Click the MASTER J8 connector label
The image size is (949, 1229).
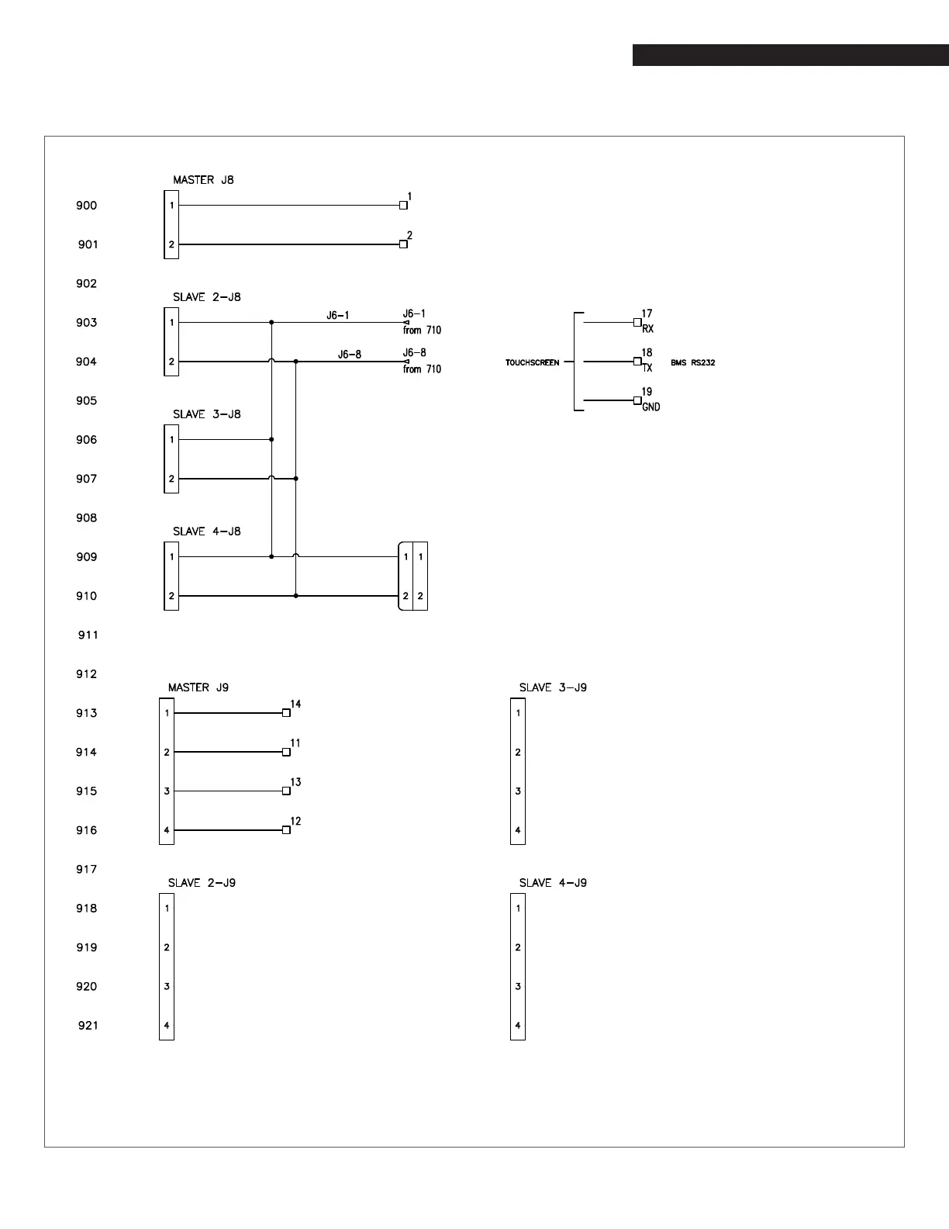coord(203,180)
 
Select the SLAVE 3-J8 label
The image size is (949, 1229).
coord(206,414)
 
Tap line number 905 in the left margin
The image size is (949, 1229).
coord(87,401)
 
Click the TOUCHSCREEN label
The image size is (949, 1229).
coord(532,362)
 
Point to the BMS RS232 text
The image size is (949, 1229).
coord(692,362)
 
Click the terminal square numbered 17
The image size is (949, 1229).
coord(637,322)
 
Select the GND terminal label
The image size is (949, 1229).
coord(651,407)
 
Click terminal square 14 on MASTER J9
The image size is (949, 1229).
coord(286,712)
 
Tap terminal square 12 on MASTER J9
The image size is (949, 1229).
coord(286,830)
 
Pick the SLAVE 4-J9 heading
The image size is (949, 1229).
coord(553,883)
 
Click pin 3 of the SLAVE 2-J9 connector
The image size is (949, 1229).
coord(167,987)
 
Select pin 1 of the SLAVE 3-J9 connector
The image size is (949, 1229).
coord(518,713)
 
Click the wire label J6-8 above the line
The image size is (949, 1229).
coord(349,355)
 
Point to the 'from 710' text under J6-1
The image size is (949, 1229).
coord(422,331)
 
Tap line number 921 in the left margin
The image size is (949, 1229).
coord(88,1026)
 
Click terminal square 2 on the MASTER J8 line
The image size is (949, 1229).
coord(403,244)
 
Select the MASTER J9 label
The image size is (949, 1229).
coord(198,687)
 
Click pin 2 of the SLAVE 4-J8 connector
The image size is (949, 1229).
coord(171,596)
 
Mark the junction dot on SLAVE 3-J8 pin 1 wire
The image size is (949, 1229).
coord(271,440)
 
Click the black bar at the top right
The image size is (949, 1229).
coord(790,55)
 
